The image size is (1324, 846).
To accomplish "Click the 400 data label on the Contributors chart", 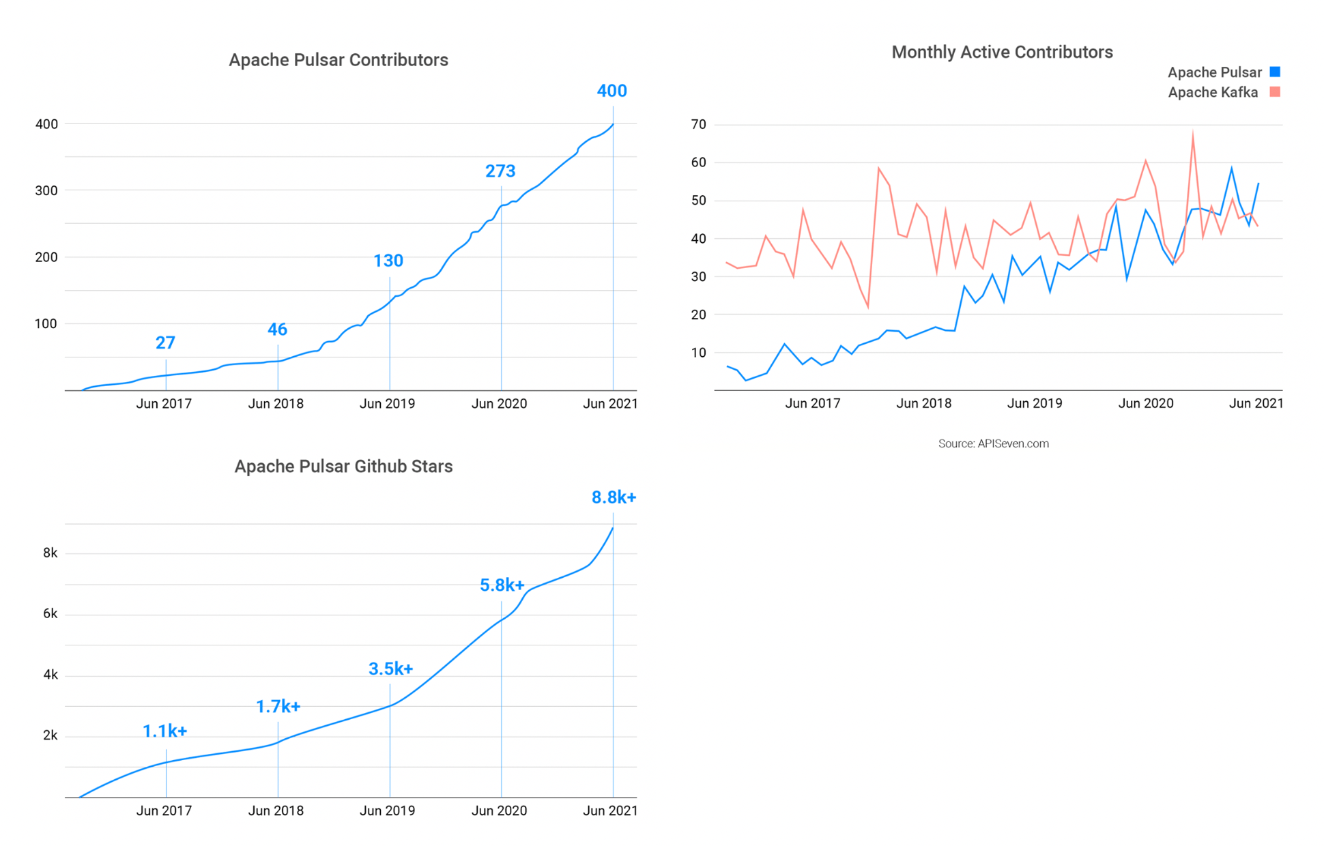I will (611, 91).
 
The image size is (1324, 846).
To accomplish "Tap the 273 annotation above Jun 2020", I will (500, 171).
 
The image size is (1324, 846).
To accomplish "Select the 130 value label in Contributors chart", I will (388, 261).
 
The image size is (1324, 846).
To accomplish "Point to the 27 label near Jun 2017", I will (165, 342).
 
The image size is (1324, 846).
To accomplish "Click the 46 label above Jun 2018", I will (277, 330).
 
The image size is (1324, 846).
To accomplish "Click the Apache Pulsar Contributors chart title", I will (338, 60).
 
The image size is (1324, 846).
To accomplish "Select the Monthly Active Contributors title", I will (1002, 52).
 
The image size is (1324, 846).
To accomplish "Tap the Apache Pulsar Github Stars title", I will (343, 466).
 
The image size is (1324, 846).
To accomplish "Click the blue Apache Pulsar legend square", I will (1275, 72).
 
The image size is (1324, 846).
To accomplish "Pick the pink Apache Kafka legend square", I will (1275, 91).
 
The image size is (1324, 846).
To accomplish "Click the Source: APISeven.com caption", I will (993, 443).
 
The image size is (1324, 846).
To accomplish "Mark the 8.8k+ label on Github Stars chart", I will (614, 497).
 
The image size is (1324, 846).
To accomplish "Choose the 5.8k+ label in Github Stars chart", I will (502, 585).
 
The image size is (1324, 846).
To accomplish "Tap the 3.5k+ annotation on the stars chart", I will (390, 669).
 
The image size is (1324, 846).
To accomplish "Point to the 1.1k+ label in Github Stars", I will (164, 731).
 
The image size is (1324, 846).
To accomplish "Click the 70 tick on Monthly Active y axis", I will (698, 124).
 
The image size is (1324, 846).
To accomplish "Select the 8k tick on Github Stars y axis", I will (51, 553).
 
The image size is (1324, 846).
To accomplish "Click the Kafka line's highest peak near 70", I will (1192, 133).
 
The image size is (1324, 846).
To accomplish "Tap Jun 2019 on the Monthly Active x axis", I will (1035, 403).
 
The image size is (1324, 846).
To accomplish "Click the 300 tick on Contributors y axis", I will (46, 190).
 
